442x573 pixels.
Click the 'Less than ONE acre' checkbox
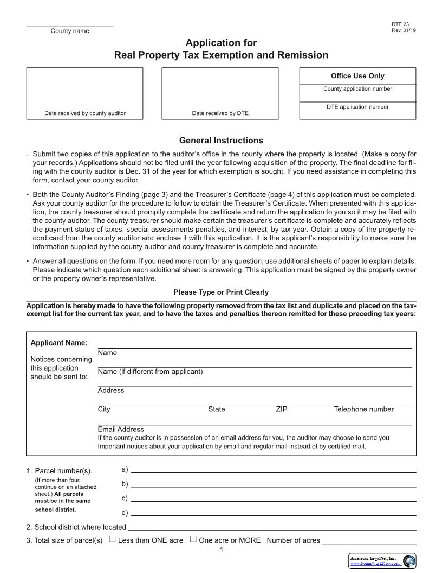[x=112, y=539]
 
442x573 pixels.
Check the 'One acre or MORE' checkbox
[x=193, y=539]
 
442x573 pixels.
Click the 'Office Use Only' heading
[x=357, y=76]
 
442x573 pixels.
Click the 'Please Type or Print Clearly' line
[x=221, y=292]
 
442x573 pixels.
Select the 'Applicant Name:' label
[x=59, y=343]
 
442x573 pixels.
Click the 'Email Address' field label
[x=121, y=429]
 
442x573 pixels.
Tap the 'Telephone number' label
[x=363, y=409]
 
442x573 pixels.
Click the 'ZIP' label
[x=281, y=409]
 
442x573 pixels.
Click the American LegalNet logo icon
[x=409, y=561]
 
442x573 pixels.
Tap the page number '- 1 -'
[x=221, y=550]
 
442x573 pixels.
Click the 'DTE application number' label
[x=357, y=107]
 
